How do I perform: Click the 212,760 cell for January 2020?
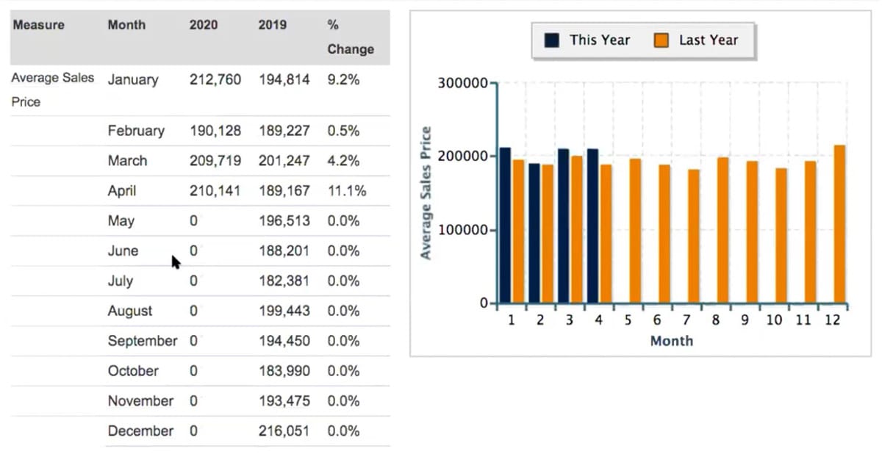coord(215,79)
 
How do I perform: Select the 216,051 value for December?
coord(284,430)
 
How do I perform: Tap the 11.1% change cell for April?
coord(346,191)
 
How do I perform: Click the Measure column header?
coord(38,25)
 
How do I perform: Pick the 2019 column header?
coord(272,25)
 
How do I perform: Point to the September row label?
coord(142,341)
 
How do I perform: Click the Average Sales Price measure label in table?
coord(51,89)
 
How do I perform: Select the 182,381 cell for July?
coord(284,281)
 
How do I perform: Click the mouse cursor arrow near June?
coord(176,262)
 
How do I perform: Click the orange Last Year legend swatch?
coord(661,40)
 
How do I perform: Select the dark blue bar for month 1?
coord(505,226)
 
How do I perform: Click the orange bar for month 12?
coord(839,224)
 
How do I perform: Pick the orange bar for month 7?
coord(694,236)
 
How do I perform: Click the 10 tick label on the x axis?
coord(774,321)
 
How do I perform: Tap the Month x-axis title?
coord(671,341)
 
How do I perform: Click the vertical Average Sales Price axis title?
coord(426,193)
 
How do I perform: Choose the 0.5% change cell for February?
coord(343,131)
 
